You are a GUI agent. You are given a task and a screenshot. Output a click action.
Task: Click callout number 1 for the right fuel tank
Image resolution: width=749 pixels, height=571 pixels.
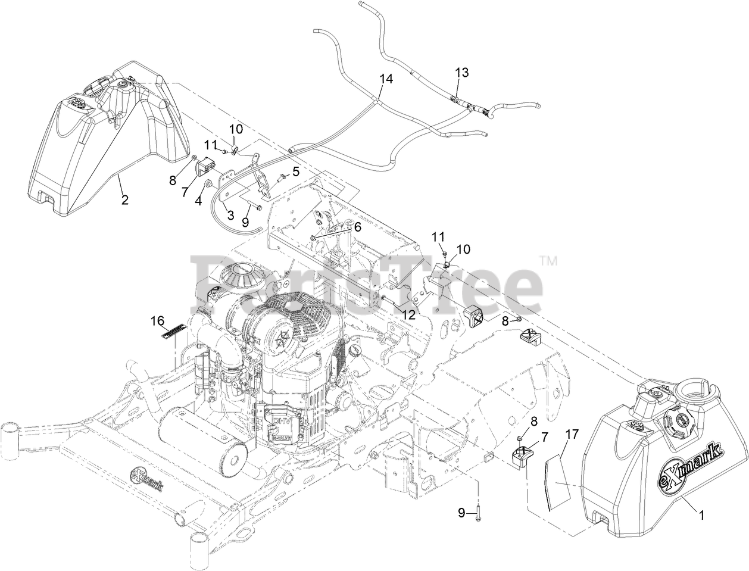(x=701, y=517)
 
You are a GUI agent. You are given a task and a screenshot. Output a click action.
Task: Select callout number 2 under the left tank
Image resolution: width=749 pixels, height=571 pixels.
(x=124, y=200)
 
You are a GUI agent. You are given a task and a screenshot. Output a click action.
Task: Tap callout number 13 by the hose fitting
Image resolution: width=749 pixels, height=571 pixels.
(x=462, y=73)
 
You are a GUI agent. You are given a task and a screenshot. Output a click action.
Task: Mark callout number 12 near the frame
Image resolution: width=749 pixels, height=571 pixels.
(x=408, y=313)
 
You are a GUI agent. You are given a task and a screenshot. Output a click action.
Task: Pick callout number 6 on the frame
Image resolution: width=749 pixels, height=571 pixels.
(x=357, y=227)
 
